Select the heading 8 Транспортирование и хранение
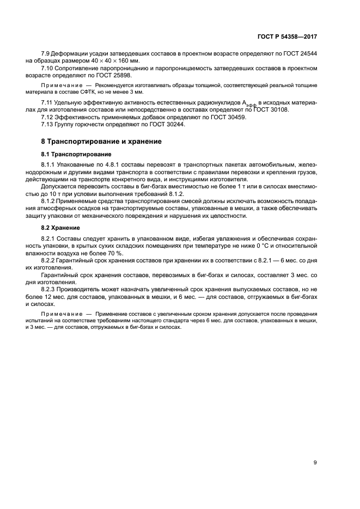click(x=97, y=142)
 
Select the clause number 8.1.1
click(x=49, y=165)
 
